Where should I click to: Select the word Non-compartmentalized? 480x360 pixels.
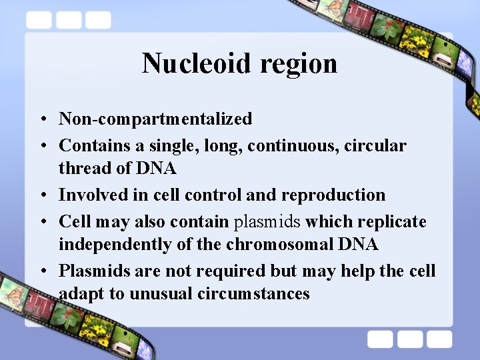click(x=155, y=119)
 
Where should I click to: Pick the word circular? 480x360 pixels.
click(x=375, y=145)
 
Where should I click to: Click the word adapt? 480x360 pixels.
click(x=79, y=294)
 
